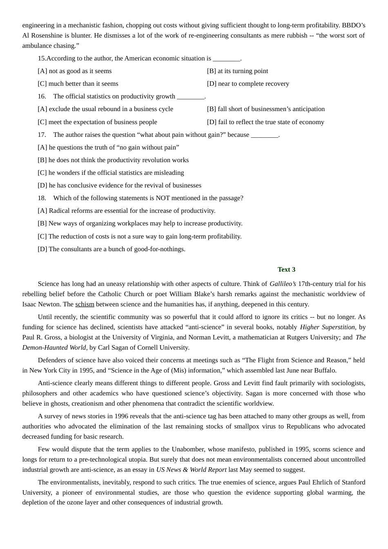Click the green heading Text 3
click(286, 270)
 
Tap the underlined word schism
click(85, 304)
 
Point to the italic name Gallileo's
click(283, 284)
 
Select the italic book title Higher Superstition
click(327, 327)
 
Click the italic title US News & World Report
click(191, 470)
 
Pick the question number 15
click(42, 58)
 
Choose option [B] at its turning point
click(237, 71)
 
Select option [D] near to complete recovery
click(248, 84)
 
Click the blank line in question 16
click(190, 97)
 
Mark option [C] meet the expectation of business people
click(97, 122)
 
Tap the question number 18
click(42, 198)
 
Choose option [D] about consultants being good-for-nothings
click(111, 249)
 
